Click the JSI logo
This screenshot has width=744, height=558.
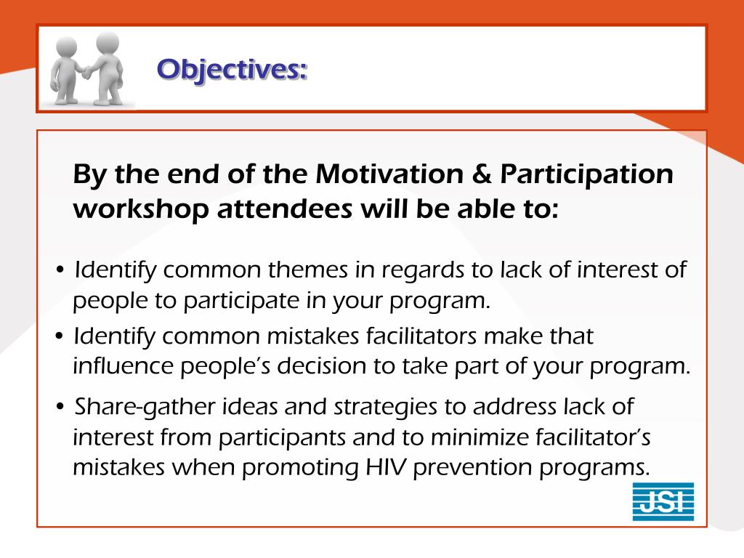(x=663, y=501)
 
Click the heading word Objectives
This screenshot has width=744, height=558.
(x=232, y=70)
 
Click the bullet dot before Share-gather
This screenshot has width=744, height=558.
(x=60, y=407)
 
